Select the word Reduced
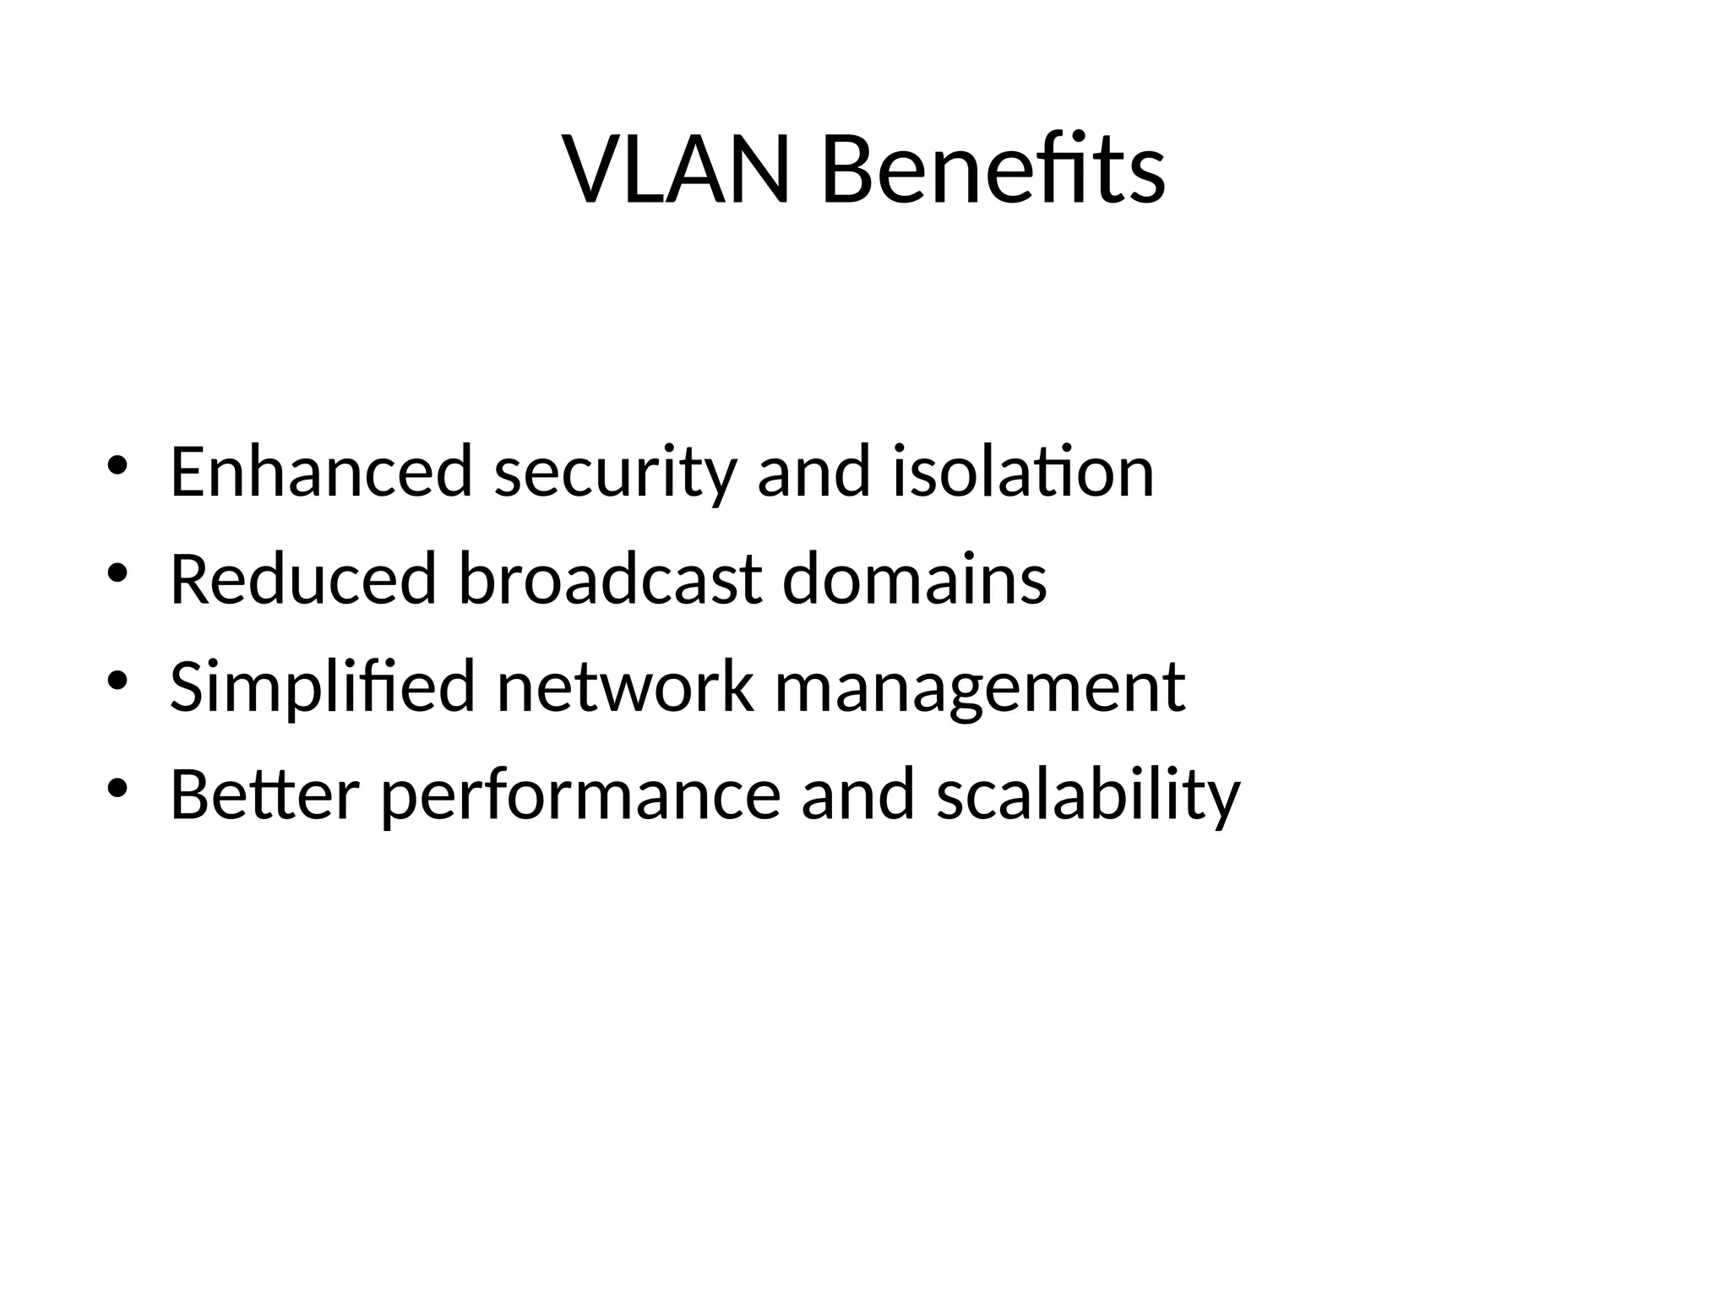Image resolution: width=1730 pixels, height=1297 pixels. (302, 579)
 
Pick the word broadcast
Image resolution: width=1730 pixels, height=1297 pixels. (611, 579)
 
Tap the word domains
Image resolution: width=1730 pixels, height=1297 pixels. (914, 579)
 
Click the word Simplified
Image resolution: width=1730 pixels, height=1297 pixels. (323, 687)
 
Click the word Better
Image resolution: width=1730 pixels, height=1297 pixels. (265, 795)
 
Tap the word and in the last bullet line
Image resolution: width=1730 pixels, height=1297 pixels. (857, 795)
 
